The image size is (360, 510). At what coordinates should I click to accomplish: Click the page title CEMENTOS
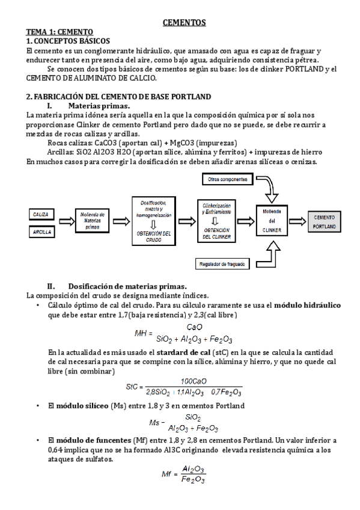(x=185, y=23)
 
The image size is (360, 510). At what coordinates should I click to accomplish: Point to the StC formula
(x=184, y=387)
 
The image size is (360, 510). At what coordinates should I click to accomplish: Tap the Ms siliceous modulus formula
(x=184, y=423)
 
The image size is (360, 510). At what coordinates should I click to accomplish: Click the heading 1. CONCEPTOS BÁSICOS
(x=68, y=41)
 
